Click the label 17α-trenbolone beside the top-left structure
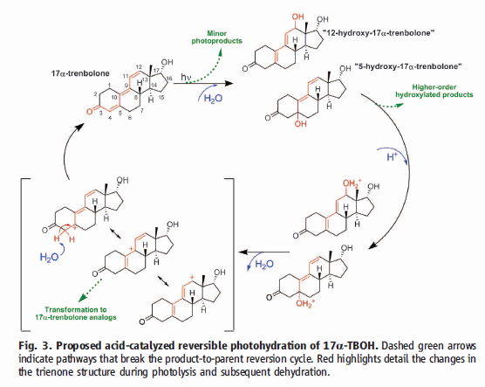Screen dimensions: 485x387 click(x=80, y=73)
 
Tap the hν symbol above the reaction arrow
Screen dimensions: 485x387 click(x=186, y=77)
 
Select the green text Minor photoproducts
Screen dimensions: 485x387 click(x=216, y=38)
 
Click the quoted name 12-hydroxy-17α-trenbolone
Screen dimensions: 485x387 click(x=379, y=33)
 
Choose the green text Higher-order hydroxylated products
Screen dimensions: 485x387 click(x=434, y=91)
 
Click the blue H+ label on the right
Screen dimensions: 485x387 click(x=393, y=156)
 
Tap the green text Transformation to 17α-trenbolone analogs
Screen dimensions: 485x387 click(x=76, y=314)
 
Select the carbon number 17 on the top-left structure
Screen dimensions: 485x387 click(x=158, y=70)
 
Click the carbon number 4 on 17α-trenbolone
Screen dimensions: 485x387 click(x=110, y=117)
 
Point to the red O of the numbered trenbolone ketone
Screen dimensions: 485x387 click(x=89, y=111)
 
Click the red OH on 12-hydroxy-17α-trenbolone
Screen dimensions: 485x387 click(x=297, y=17)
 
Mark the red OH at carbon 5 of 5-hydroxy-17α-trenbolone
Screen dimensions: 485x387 click(x=301, y=124)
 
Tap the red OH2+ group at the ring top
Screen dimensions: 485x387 click(x=352, y=183)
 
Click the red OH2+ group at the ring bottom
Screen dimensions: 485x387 click(x=305, y=303)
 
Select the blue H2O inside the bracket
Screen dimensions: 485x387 click(x=49, y=257)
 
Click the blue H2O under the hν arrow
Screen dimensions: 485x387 click(x=213, y=99)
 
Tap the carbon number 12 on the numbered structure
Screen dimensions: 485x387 click(x=139, y=67)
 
